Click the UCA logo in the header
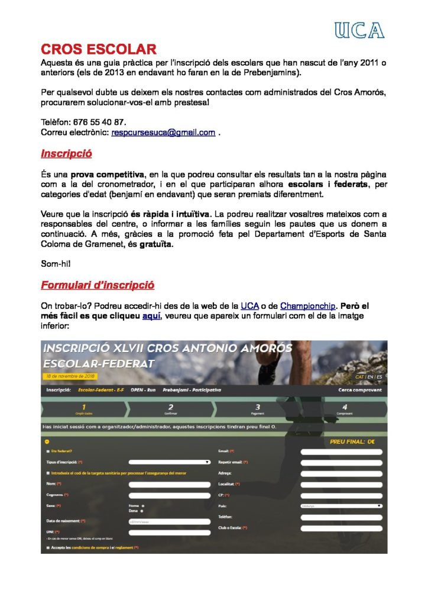tap(359, 30)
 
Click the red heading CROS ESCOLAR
tap(98, 49)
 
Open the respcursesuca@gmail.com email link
tap(163, 133)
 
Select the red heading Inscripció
tap(66, 154)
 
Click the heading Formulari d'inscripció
tap(98, 285)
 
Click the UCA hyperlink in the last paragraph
tap(249, 306)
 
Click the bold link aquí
tap(151, 316)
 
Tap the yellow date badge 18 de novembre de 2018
tap(70, 376)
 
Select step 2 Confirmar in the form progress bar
tap(170, 409)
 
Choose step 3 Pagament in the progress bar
tap(257, 409)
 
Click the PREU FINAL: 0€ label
tap(352, 441)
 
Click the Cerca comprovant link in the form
tap(359, 390)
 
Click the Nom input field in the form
tap(169, 484)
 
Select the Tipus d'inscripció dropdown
tap(169, 462)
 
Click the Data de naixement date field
tap(169, 521)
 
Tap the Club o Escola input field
tap(341, 528)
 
